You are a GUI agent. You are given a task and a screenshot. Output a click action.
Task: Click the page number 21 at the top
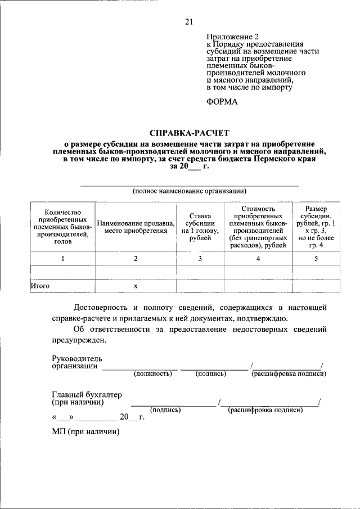tap(188, 22)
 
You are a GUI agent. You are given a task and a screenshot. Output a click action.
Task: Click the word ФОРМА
tap(222, 102)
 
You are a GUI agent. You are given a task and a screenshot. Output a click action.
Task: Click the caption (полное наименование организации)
tap(190, 191)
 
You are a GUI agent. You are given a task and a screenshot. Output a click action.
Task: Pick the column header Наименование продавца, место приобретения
tap(136, 227)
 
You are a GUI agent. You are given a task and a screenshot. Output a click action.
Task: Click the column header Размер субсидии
tap(314, 227)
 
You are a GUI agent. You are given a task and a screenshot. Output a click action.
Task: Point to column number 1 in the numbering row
tap(63, 259)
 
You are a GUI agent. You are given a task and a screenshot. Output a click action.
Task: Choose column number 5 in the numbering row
tap(316, 259)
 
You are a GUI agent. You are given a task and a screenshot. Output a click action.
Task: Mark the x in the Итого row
tap(136, 286)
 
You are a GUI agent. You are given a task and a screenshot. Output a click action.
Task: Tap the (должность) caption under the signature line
tap(152, 373)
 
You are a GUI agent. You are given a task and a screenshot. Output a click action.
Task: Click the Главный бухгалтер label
tap(87, 394)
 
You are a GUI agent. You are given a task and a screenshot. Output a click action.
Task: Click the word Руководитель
tap(77, 358)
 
